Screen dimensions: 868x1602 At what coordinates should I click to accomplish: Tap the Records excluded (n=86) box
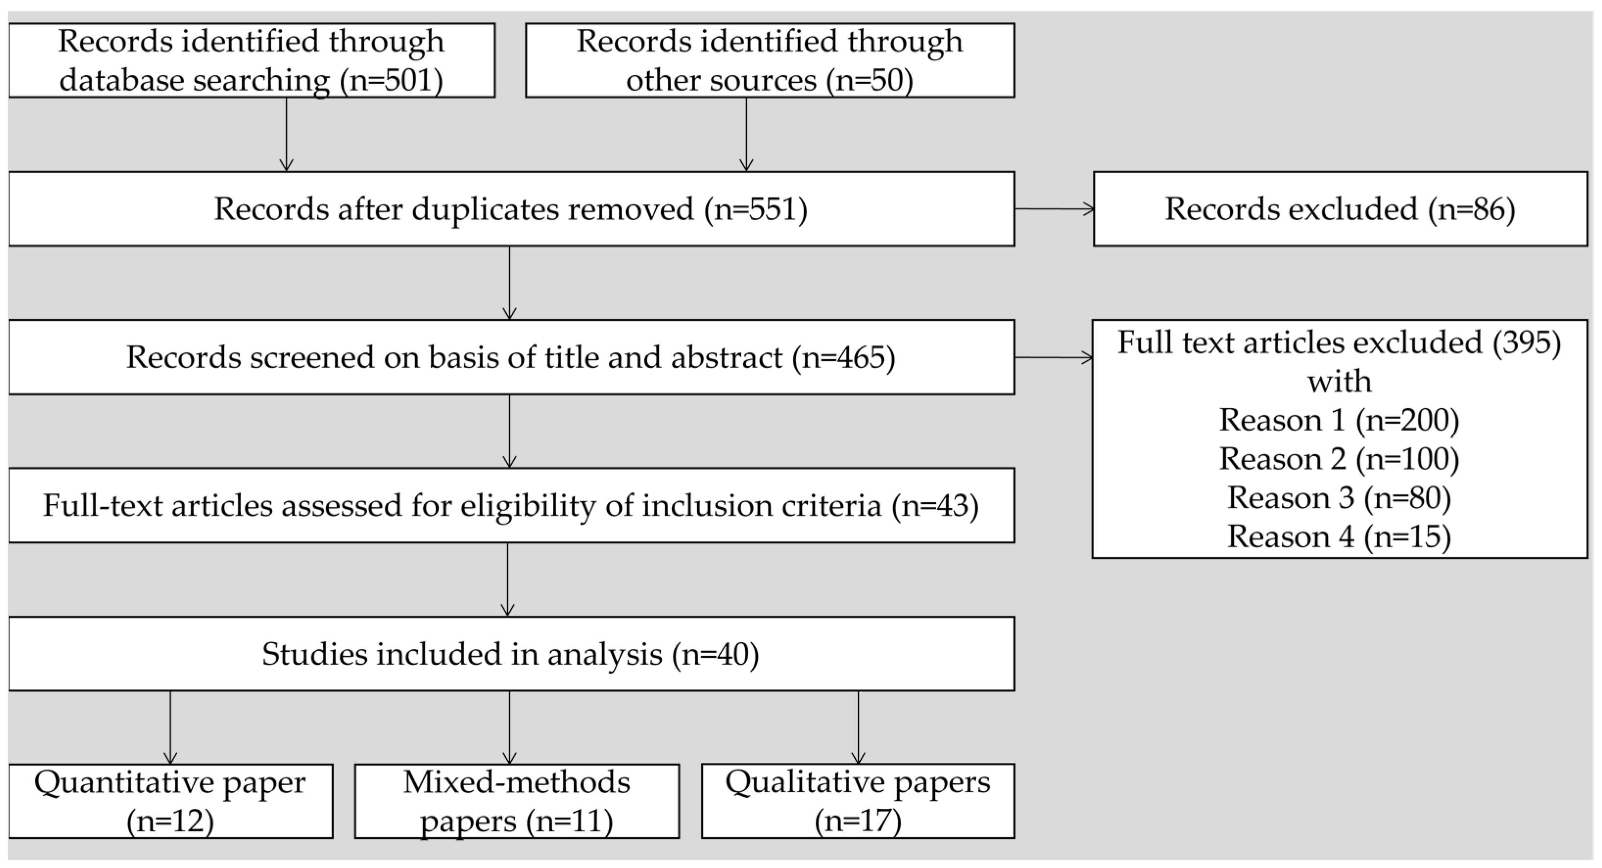(x=1340, y=209)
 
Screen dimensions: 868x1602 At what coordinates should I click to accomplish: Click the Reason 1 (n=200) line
(x=1339, y=421)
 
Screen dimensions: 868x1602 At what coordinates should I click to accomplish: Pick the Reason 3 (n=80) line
(x=1339, y=498)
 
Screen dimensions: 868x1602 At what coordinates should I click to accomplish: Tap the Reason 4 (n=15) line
(x=1339, y=537)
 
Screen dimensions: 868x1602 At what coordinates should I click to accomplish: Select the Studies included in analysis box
(x=511, y=654)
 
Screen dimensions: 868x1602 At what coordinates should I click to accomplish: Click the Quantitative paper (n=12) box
(x=170, y=801)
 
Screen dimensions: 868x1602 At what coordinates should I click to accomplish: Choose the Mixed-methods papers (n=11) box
(x=516, y=801)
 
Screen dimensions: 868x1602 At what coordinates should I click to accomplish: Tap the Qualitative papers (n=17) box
(x=858, y=801)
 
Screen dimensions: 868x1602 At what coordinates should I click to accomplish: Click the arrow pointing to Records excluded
(x=1054, y=209)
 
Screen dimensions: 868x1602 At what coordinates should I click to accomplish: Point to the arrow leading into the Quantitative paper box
(x=170, y=727)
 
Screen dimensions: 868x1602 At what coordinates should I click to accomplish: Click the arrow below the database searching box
(x=286, y=134)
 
